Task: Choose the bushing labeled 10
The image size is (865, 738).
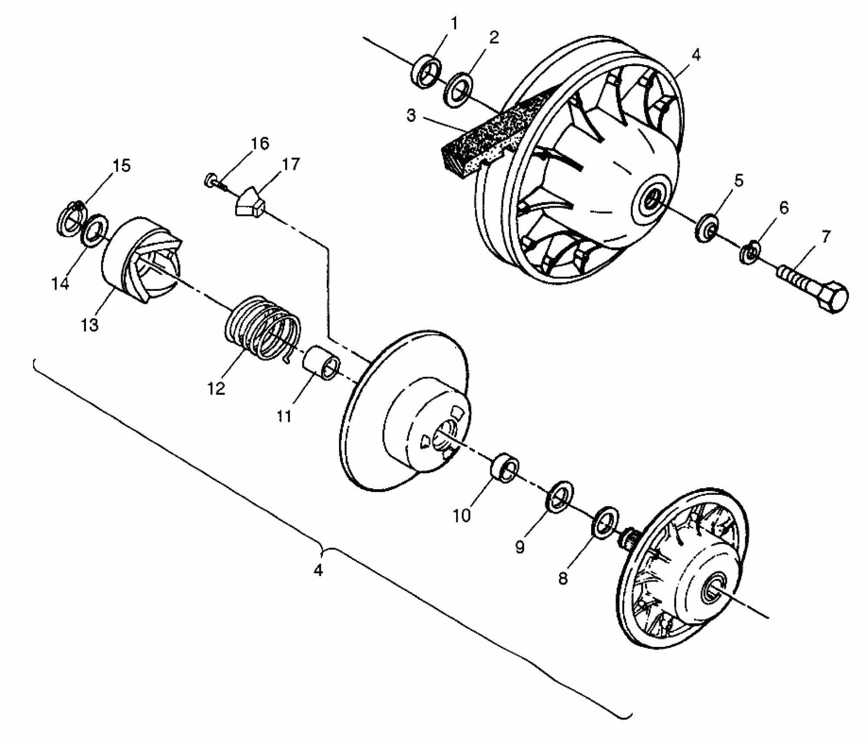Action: coord(504,467)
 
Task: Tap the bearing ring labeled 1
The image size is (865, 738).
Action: coord(426,71)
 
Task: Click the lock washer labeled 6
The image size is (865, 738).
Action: coord(749,252)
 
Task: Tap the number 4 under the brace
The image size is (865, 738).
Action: coord(318,570)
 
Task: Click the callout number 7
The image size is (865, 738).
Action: coord(826,237)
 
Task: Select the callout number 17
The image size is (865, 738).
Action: coord(290,165)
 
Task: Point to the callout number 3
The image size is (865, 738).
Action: coord(411,115)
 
